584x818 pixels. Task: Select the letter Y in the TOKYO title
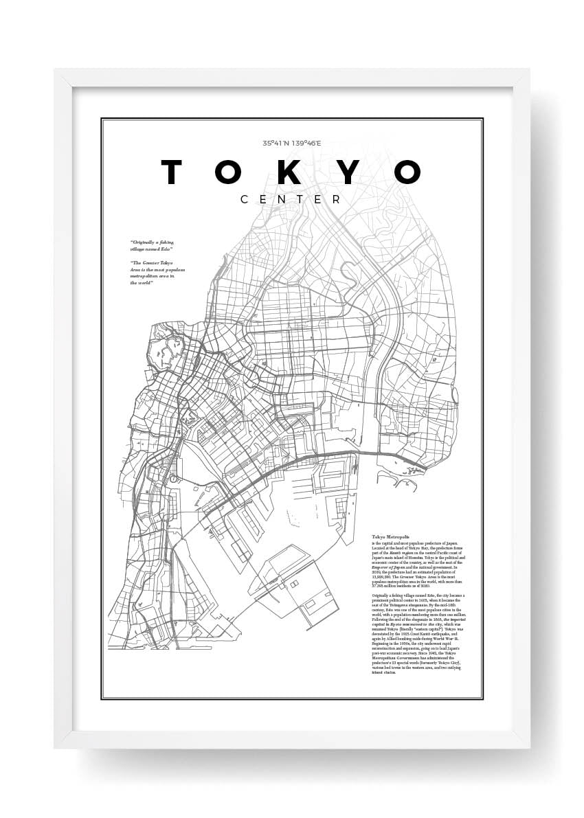[x=349, y=173]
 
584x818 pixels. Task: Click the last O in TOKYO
[x=406, y=173]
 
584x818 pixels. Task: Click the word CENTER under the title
[x=291, y=200]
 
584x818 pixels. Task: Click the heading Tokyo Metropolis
[x=390, y=536]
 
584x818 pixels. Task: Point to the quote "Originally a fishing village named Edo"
[x=152, y=245]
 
